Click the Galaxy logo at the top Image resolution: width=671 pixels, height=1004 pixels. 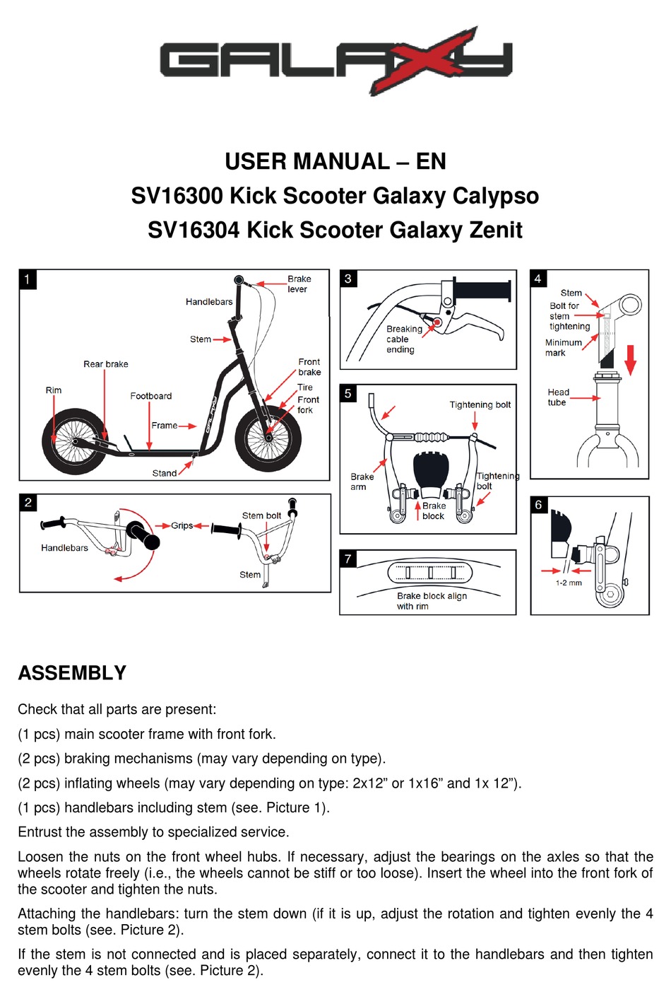tap(335, 60)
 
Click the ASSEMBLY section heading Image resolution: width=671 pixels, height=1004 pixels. tap(72, 672)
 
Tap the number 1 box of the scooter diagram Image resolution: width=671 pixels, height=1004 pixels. tap(28, 279)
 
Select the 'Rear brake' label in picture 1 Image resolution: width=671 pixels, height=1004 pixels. tap(106, 364)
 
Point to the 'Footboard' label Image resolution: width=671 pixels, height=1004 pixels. tap(150, 396)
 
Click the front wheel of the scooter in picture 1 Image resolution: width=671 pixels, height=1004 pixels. tap(268, 438)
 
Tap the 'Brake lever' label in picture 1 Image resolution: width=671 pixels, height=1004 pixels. tap(299, 284)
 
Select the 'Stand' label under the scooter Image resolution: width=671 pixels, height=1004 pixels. tap(165, 473)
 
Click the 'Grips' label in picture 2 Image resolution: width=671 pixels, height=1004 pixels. tap(182, 525)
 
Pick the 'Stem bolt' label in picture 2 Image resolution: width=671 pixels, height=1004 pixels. tap(261, 515)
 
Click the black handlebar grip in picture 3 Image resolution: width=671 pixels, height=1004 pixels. tap(482, 290)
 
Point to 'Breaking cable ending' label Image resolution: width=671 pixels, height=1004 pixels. tap(404, 339)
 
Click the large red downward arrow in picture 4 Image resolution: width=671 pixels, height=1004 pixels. tap(631, 359)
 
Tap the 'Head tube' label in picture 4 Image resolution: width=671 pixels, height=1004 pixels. tap(557, 397)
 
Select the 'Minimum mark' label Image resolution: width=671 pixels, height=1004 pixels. tap(563, 347)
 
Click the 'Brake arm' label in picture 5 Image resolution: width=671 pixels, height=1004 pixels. tap(362, 481)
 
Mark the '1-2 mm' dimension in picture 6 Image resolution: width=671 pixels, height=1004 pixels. tap(569, 583)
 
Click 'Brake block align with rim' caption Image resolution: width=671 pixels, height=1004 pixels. tap(431, 601)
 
